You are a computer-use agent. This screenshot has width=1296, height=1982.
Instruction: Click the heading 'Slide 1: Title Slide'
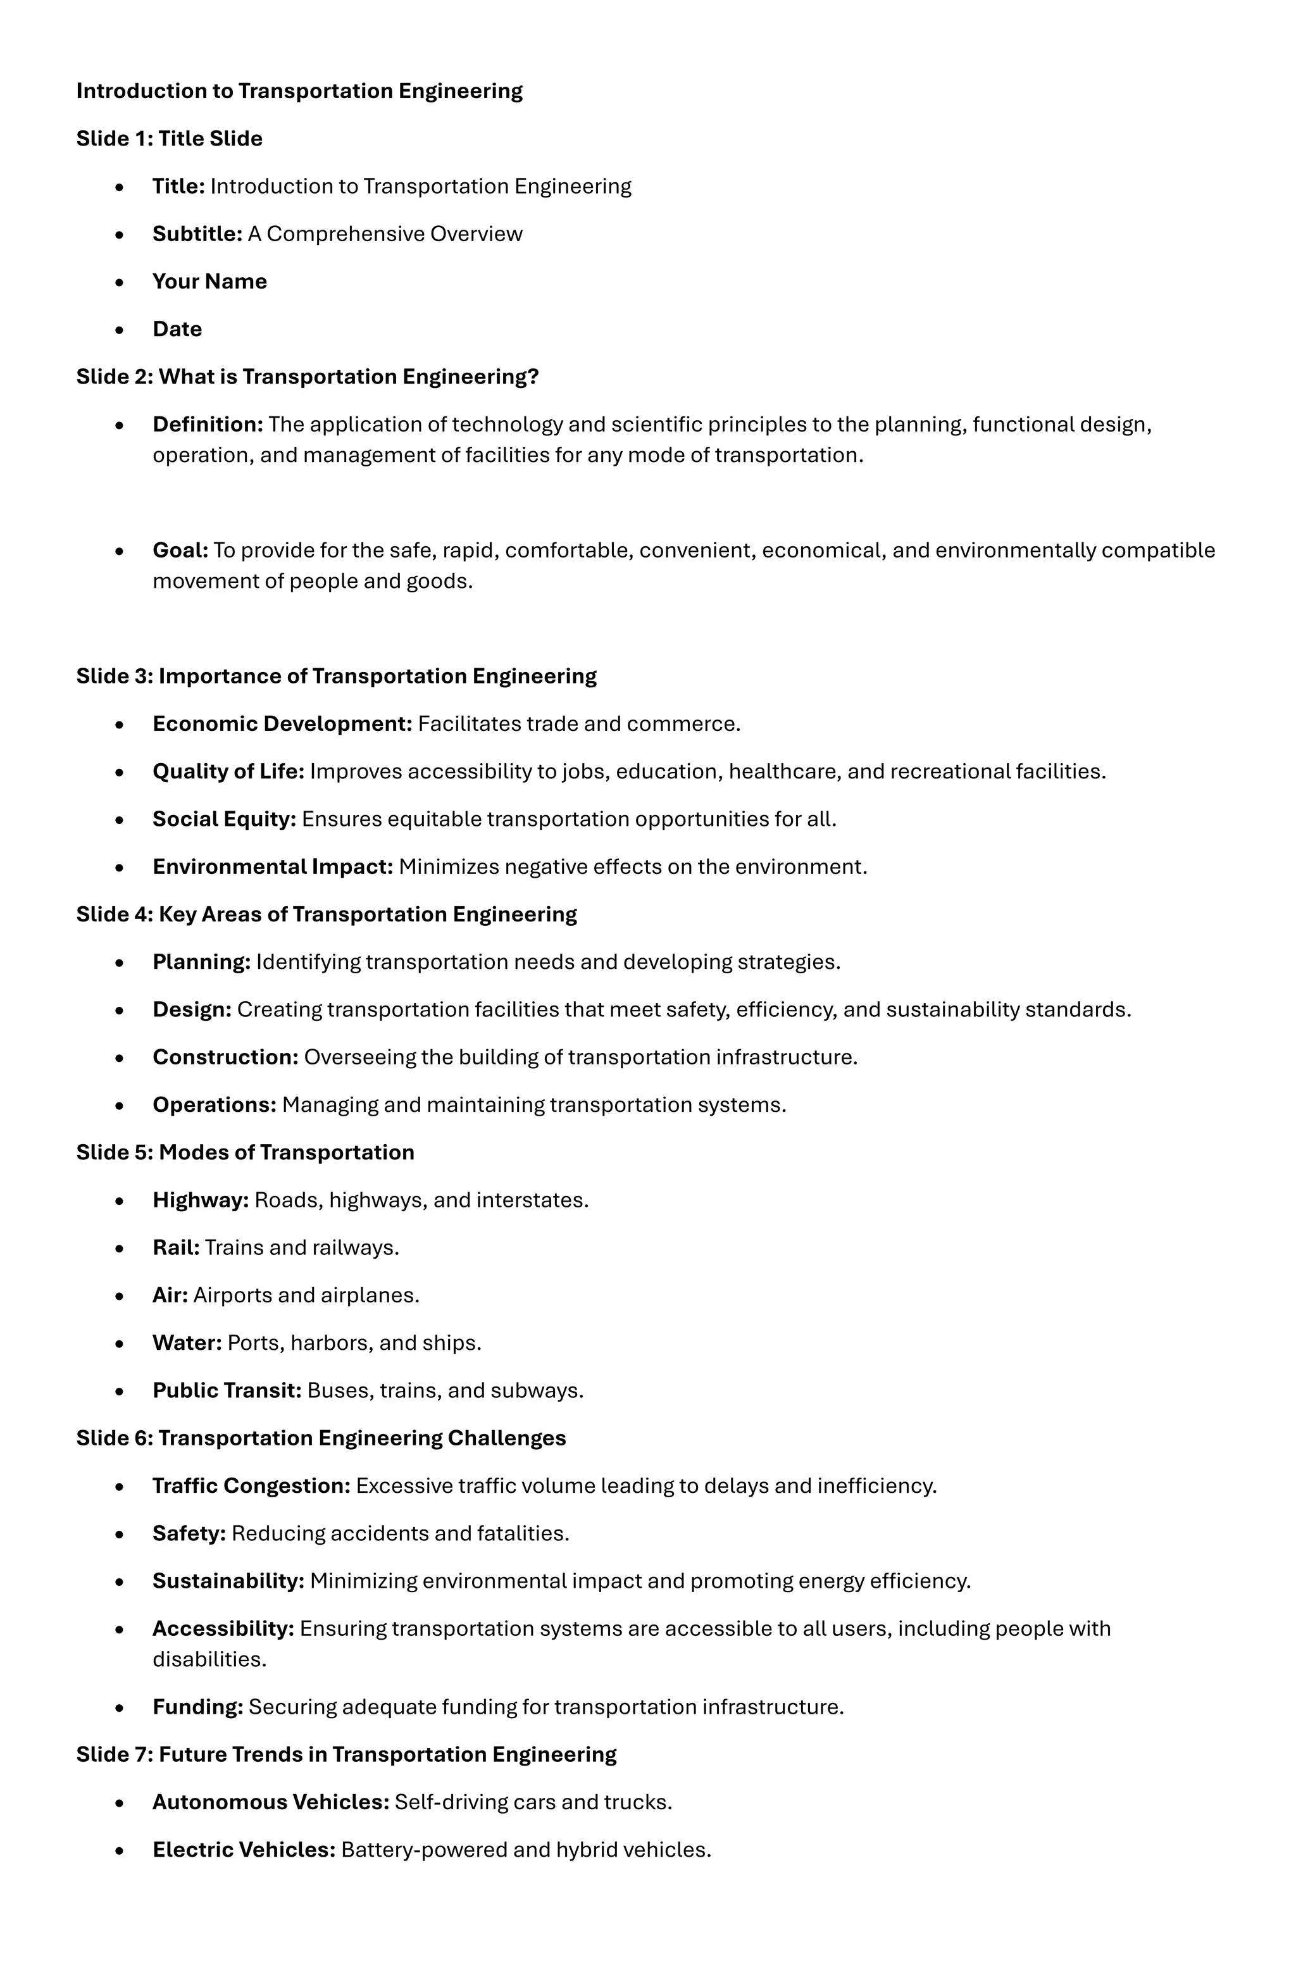(169, 138)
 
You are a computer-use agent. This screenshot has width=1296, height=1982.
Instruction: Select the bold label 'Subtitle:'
(197, 234)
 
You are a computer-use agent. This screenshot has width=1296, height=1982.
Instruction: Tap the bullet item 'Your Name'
(209, 282)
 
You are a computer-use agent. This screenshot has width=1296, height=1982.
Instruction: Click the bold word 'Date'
(177, 329)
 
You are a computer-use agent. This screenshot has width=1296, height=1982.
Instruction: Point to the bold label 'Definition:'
(208, 425)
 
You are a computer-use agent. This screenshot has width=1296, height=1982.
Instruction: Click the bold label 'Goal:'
(180, 551)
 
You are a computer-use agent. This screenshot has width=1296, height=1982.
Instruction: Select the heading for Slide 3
(335, 676)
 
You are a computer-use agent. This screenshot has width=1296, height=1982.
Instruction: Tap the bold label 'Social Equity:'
(224, 820)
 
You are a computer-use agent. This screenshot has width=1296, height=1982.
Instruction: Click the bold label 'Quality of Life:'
(228, 772)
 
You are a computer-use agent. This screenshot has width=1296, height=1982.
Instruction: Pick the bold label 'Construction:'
(225, 1057)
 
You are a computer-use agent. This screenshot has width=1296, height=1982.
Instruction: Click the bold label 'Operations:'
(214, 1105)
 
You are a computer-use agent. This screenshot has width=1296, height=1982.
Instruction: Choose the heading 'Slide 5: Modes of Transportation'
(245, 1152)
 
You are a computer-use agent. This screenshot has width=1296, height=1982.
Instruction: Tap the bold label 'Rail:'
(176, 1247)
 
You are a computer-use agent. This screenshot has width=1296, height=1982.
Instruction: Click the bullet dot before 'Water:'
(120, 1344)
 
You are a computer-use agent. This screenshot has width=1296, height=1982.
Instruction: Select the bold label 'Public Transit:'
(227, 1391)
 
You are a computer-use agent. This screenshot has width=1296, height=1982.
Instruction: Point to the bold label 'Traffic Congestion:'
(251, 1486)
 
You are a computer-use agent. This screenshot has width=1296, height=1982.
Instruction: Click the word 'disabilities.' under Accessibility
(209, 1660)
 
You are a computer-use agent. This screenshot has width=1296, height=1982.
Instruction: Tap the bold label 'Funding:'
(197, 1707)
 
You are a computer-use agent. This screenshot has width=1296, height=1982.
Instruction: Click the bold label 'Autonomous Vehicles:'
(271, 1802)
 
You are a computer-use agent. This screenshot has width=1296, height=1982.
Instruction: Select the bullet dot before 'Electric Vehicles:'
(120, 1851)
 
